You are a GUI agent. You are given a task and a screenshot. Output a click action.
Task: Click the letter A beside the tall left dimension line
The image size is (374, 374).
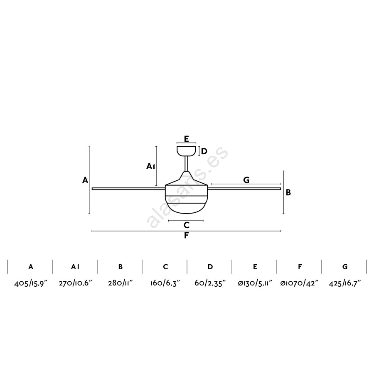click(x=85, y=180)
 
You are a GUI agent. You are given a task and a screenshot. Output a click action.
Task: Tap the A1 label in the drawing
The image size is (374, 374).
click(x=151, y=166)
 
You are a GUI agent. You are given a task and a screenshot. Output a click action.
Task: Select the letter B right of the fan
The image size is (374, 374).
click(x=288, y=192)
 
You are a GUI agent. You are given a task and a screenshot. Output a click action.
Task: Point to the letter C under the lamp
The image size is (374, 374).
click(x=187, y=225)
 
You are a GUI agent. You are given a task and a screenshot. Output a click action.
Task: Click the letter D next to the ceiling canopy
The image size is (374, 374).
click(x=204, y=151)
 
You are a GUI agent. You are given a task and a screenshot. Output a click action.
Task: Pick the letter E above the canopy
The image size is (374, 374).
click(x=187, y=138)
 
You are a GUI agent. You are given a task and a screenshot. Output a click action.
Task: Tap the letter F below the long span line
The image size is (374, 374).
click(x=187, y=236)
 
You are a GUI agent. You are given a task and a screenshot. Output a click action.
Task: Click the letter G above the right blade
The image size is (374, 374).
click(x=246, y=180)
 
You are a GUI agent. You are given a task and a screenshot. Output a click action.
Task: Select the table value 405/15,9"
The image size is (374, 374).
click(x=31, y=283)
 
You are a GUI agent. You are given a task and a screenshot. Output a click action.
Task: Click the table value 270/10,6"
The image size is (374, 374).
click(x=75, y=283)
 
